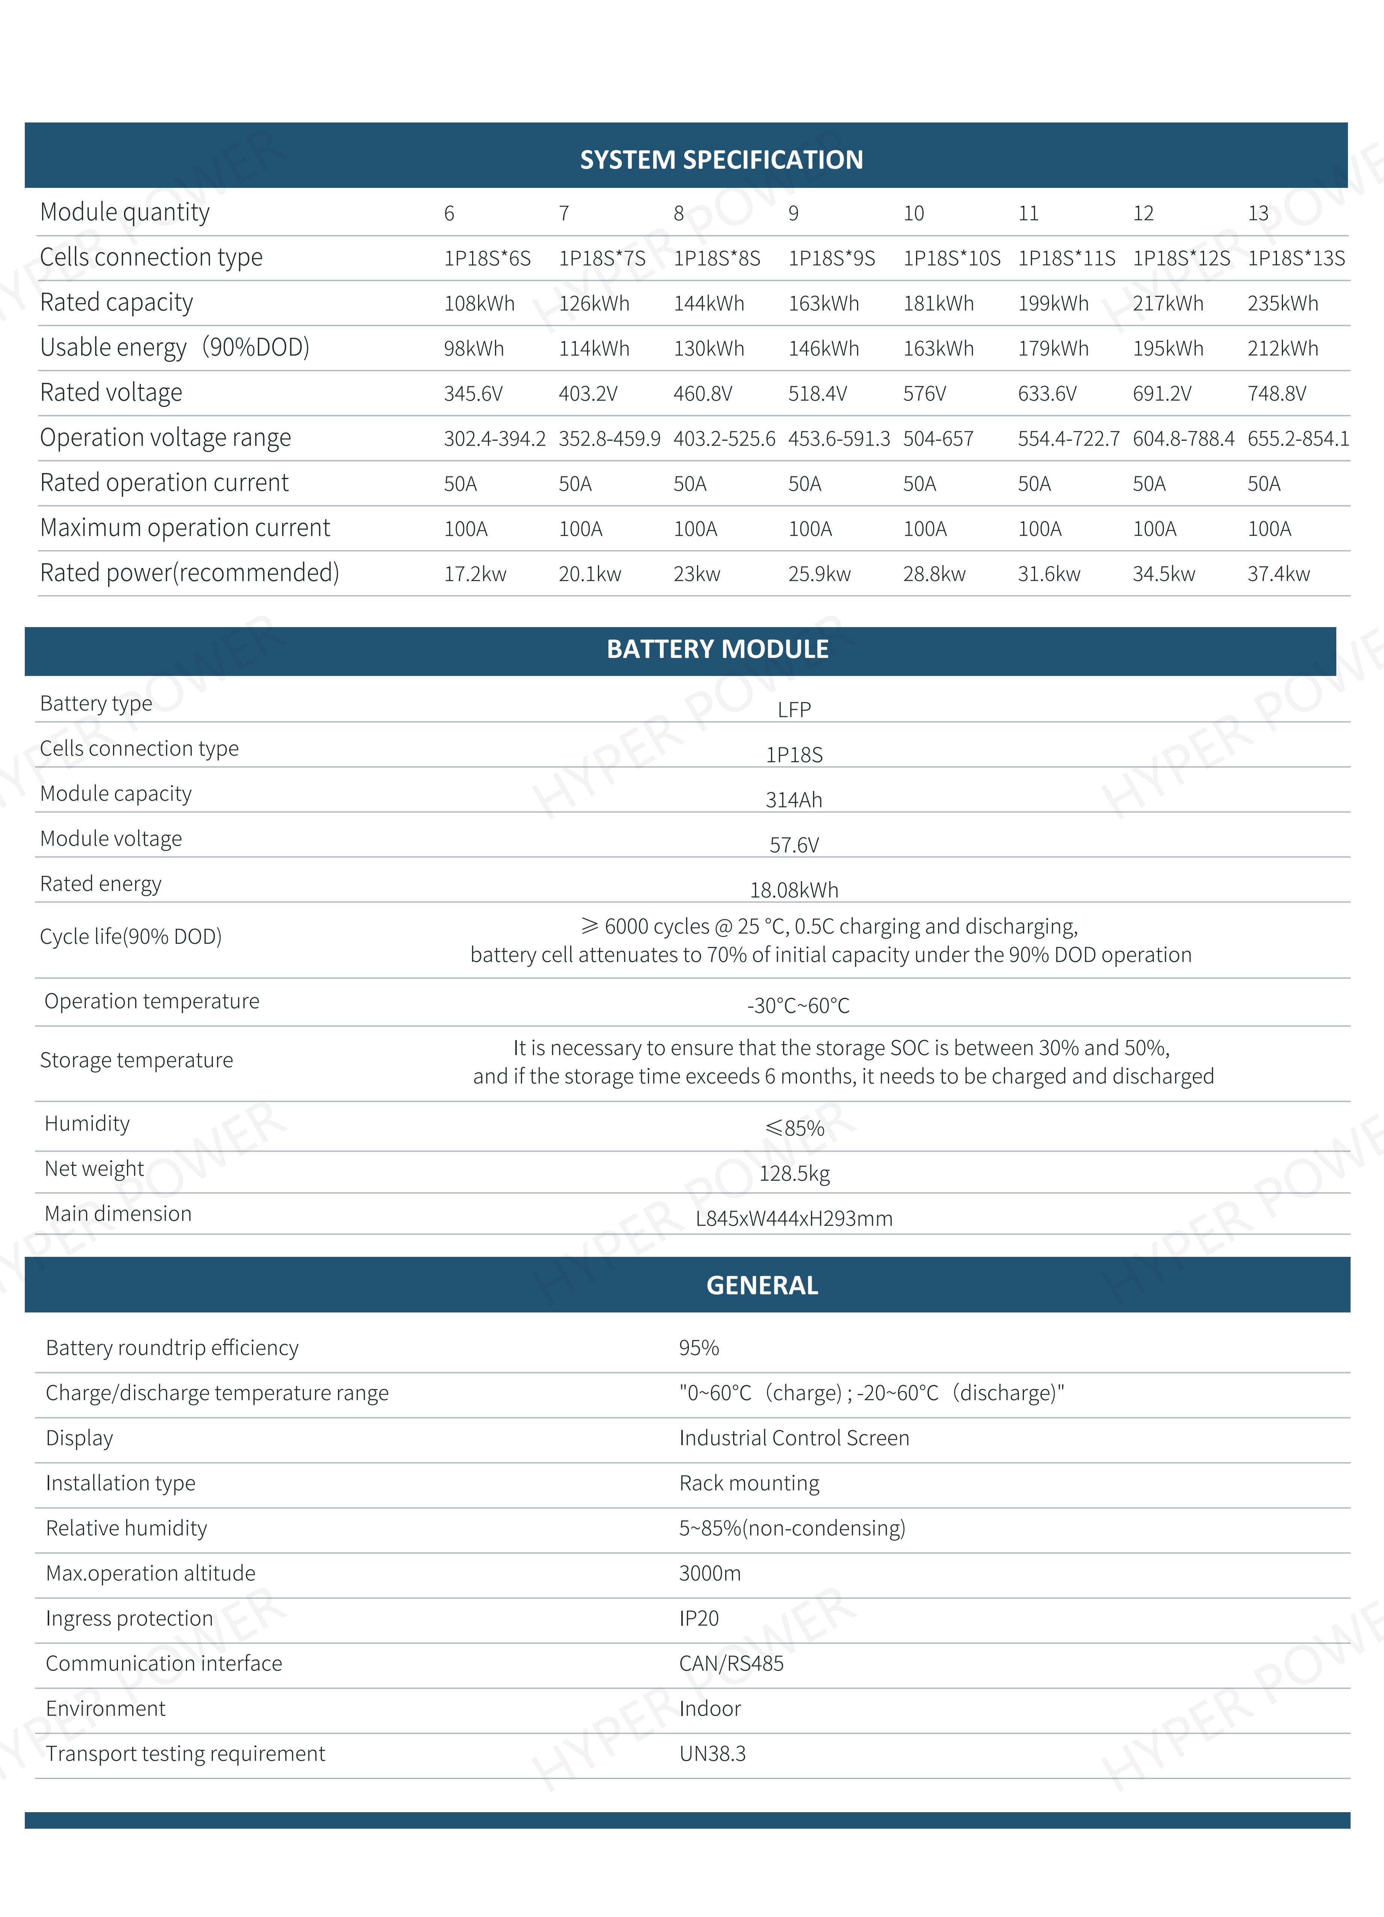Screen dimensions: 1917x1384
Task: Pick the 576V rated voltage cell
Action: point(924,394)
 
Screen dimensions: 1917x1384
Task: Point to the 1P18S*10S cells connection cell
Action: point(951,259)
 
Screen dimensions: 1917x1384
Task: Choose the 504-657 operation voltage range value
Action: point(938,439)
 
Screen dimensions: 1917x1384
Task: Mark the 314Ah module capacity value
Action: point(793,800)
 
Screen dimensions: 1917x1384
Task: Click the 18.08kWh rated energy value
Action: point(793,890)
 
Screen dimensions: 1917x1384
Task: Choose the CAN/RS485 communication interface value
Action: point(731,1663)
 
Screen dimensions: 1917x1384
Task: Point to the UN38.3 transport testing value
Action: point(712,1754)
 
